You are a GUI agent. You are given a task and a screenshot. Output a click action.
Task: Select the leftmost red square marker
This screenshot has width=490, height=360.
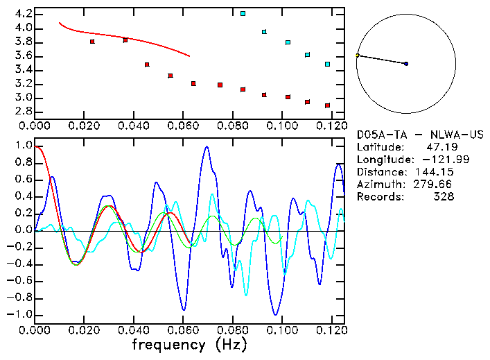point(92,42)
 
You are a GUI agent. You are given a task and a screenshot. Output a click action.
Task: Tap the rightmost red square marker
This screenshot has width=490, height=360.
point(327,105)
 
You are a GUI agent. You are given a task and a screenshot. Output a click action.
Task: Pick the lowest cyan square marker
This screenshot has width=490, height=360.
point(327,64)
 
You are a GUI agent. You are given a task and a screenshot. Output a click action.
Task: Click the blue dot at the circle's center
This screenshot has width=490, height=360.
point(406,64)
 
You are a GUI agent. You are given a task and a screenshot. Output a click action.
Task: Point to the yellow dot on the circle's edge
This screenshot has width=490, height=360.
point(358,55)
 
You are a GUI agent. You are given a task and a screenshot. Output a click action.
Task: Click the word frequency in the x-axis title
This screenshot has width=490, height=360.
point(168,345)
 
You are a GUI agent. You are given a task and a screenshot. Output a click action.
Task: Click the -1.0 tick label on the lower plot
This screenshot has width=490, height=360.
point(20,314)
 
